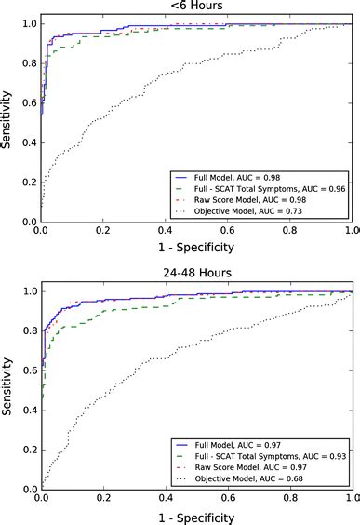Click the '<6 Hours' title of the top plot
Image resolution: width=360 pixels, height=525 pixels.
pyautogui.click(x=195, y=6)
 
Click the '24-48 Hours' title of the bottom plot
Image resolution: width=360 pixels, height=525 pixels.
pyautogui.click(x=195, y=275)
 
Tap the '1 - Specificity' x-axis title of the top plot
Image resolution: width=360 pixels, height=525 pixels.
pyautogui.click(x=195, y=248)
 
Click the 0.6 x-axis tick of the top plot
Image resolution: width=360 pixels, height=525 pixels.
pyautogui.click(x=227, y=231)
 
